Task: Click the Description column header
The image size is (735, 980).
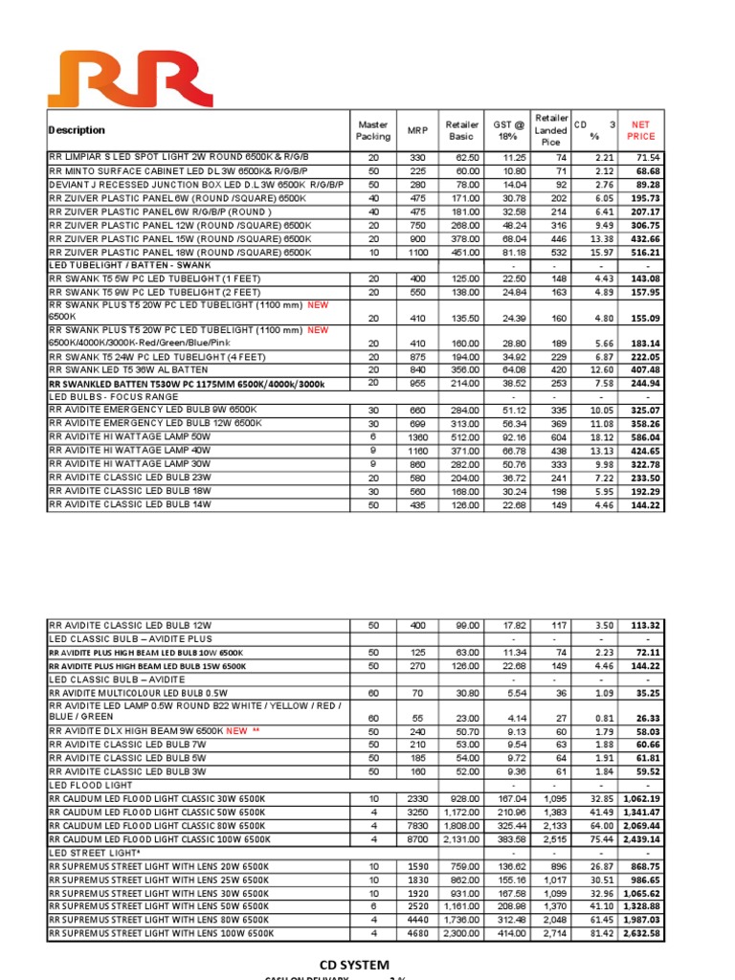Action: click(x=77, y=130)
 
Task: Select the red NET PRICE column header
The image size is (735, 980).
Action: click(x=640, y=130)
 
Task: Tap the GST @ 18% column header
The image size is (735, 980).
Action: click(x=509, y=130)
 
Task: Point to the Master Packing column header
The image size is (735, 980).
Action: click(x=372, y=130)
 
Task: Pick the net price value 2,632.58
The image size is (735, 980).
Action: click(x=641, y=933)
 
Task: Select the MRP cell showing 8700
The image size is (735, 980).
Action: click(x=417, y=839)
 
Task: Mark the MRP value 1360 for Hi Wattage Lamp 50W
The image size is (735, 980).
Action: click(x=417, y=436)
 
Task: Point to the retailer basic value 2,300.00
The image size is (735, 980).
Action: click(x=461, y=933)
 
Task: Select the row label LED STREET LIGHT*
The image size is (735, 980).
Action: click(x=96, y=853)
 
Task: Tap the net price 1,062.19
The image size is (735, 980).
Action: click(x=641, y=798)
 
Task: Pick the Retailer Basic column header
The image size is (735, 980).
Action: click(x=461, y=130)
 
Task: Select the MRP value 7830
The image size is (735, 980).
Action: click(x=417, y=826)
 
